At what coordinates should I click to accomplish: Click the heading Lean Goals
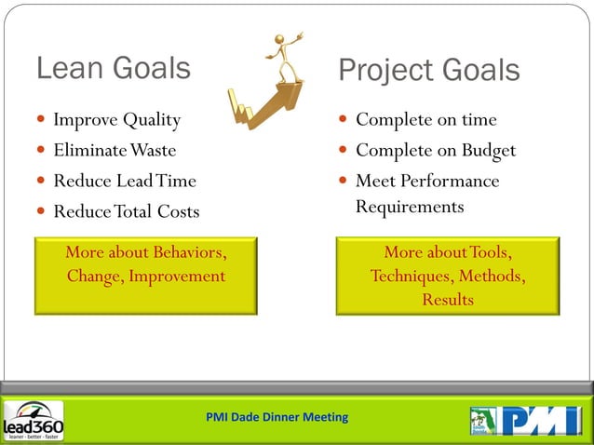[x=113, y=68]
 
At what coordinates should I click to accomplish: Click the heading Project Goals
[x=428, y=70]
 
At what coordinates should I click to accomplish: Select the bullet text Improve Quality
[x=116, y=120]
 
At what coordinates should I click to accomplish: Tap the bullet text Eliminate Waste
[x=114, y=150]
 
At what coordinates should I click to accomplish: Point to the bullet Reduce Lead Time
[x=125, y=181]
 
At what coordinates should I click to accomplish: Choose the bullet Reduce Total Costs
[x=126, y=211]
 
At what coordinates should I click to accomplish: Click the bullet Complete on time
[x=425, y=120]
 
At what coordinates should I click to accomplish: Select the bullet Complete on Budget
[x=435, y=150]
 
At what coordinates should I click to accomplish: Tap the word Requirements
[x=409, y=206]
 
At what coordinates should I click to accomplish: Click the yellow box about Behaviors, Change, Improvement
[x=145, y=275]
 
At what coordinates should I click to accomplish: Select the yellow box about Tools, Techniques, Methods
[x=447, y=276]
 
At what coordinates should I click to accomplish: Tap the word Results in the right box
[x=448, y=300]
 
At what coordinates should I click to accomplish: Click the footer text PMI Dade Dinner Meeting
[x=277, y=416]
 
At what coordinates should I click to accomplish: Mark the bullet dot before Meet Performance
[x=344, y=181]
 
